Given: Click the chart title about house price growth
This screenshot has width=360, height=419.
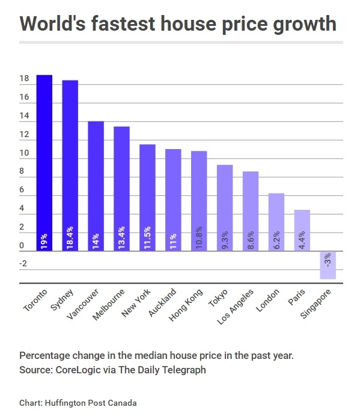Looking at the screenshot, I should [178, 23].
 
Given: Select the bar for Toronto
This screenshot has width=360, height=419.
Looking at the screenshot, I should [44, 162].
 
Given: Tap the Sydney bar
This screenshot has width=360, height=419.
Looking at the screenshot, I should [70, 165].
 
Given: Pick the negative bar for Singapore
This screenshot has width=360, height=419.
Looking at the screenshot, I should [328, 265].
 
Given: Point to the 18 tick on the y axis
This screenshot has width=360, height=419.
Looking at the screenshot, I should [25, 79].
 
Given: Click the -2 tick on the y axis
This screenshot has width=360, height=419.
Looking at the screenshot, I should [23, 264].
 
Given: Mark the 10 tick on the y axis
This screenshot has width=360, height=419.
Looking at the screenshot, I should [25, 153].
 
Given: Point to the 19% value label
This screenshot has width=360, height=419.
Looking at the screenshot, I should [44, 240].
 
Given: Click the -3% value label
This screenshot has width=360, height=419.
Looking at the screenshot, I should [328, 260].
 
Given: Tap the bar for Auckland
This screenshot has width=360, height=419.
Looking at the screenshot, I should [173, 198].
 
